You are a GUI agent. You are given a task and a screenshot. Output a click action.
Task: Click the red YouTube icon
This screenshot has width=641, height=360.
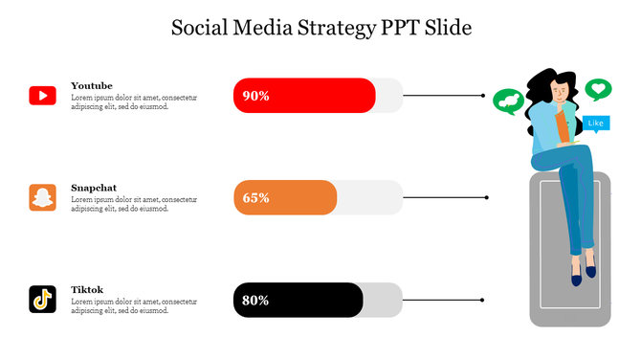tap(42, 96)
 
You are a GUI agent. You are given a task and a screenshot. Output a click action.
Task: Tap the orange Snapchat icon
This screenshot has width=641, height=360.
tap(42, 197)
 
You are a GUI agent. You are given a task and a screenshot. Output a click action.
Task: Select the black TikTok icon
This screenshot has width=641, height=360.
tap(42, 300)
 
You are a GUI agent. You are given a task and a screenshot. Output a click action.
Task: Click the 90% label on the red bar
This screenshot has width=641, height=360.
tap(255, 96)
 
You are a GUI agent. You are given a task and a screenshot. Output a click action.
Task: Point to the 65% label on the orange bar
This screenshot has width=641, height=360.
tap(255, 198)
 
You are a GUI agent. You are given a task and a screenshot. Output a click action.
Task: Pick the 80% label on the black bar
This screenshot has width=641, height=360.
tap(255, 301)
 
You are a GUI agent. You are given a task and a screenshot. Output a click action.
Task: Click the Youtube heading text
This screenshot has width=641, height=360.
tap(92, 86)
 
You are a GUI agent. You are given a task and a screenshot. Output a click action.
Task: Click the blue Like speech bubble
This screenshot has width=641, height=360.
tap(595, 124)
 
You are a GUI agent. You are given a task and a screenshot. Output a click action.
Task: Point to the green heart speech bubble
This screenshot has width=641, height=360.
tap(598, 90)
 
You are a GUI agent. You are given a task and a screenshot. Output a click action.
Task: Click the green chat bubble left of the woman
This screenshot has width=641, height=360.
tap(508, 101)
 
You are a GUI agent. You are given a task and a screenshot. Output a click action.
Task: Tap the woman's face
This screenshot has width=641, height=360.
tap(560, 93)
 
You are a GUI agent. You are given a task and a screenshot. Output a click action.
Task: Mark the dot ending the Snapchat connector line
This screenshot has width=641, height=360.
tap(487, 197)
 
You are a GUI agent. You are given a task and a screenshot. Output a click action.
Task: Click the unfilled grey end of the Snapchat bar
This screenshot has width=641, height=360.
tap(370, 198)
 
